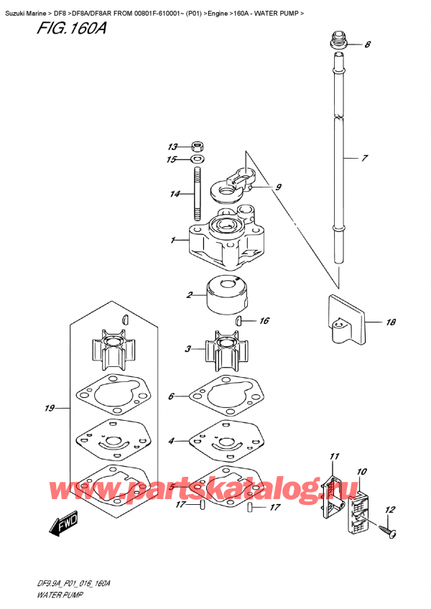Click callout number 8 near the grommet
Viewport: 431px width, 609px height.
[367, 45]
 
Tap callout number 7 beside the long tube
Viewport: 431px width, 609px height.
[364, 157]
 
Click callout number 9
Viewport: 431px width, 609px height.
[278, 188]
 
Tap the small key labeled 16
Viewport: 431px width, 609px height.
[244, 321]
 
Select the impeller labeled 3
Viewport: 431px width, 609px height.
[224, 350]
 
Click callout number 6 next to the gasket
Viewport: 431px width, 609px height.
[172, 396]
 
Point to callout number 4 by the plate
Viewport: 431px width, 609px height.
[172, 440]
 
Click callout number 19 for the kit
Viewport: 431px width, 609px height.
[50, 409]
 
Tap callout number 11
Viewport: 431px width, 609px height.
[333, 457]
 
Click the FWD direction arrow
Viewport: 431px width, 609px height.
[63, 527]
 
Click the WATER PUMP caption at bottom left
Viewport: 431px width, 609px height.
[50, 595]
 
